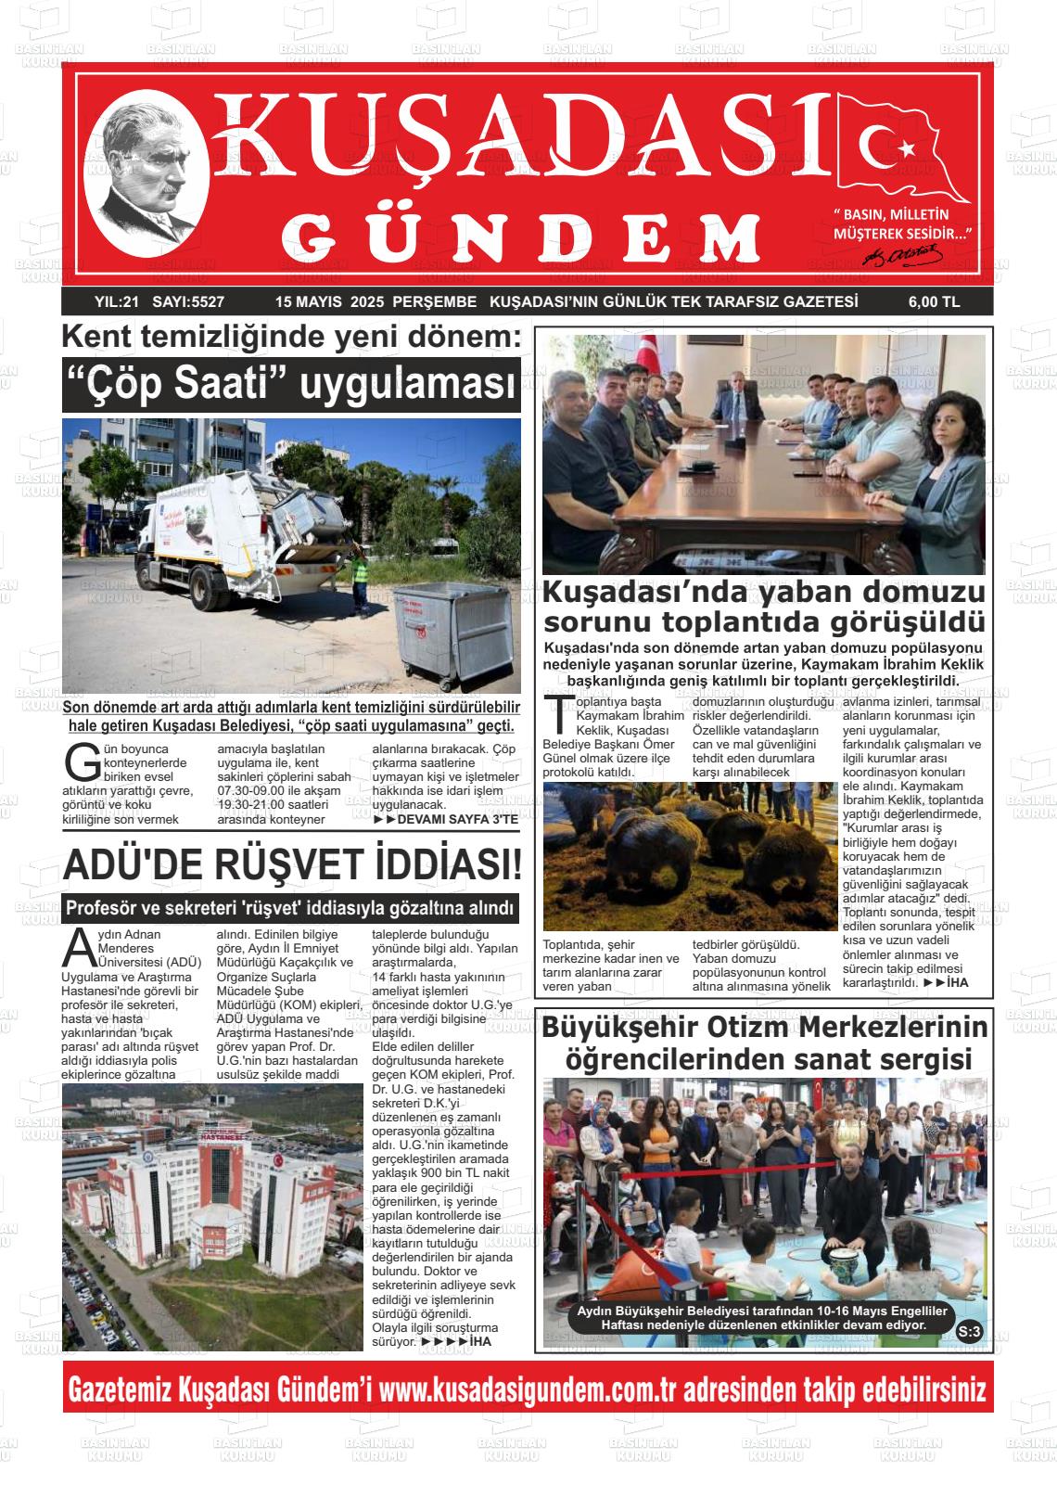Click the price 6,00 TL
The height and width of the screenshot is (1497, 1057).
pos(933,301)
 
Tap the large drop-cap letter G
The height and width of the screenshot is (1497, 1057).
pos(83,761)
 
